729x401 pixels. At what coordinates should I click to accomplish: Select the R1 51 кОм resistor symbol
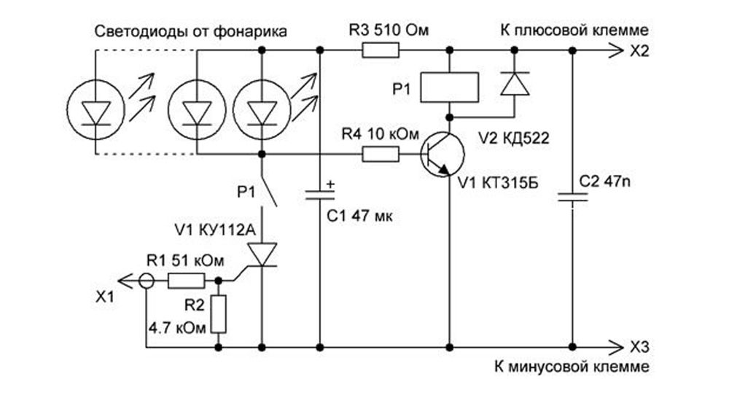(x=185, y=280)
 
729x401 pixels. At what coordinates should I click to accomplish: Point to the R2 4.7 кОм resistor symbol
(x=217, y=314)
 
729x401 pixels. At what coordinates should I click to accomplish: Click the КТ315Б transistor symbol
(x=442, y=155)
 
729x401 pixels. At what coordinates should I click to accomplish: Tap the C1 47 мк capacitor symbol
(x=320, y=195)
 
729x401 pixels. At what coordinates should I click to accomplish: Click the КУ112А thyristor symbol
(x=260, y=254)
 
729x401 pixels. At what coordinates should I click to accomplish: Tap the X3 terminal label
(x=638, y=346)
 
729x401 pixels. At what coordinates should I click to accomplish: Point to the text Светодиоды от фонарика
(x=191, y=32)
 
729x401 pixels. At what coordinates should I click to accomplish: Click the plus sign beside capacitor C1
(x=330, y=184)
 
